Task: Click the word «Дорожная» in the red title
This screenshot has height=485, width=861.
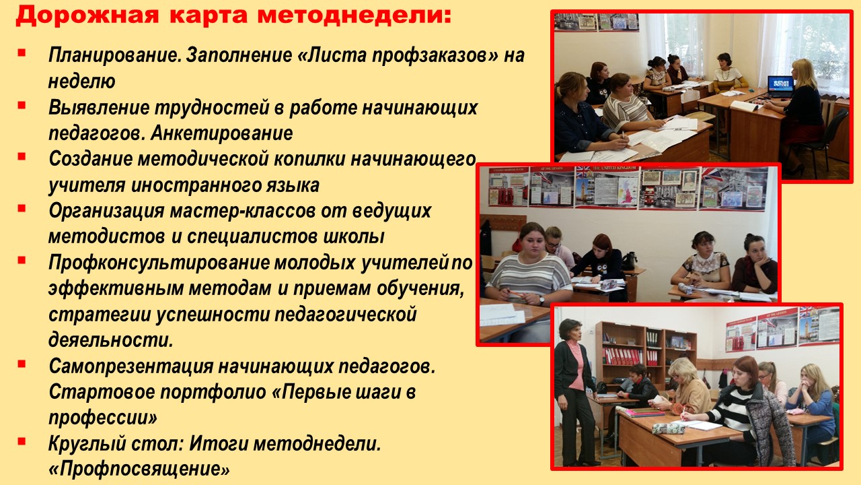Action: [87, 15]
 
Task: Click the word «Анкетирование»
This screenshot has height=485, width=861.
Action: [221, 133]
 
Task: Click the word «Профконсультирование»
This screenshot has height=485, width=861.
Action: [159, 263]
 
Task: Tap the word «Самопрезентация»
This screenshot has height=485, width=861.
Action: [131, 366]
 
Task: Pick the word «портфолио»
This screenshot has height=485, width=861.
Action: [213, 392]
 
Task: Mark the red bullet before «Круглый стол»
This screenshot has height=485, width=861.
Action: [22, 441]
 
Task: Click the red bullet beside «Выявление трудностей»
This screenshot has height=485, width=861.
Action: [22, 104]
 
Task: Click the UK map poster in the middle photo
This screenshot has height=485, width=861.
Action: [628, 191]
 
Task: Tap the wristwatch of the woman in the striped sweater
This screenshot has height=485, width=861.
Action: [541, 300]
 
